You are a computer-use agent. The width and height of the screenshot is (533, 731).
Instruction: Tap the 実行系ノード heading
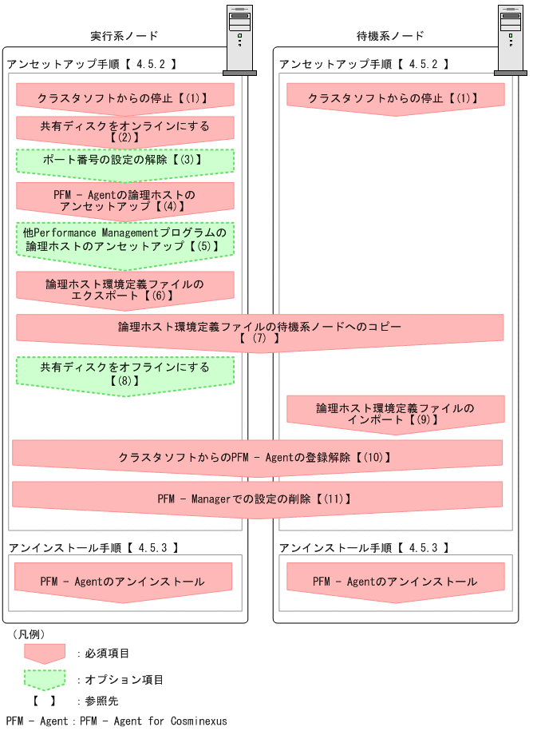click(124, 36)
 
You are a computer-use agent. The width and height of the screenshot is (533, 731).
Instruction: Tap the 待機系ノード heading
click(390, 36)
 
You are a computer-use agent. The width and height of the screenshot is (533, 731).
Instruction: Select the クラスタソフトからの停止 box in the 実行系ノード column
click(124, 98)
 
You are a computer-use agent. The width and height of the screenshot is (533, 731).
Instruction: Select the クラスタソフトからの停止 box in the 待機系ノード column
click(395, 98)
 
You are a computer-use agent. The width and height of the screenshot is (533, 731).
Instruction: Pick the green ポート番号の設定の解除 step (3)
click(124, 160)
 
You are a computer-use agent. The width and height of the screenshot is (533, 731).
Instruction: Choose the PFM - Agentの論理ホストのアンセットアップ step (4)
click(124, 200)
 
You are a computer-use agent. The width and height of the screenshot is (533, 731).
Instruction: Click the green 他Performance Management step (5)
click(124, 240)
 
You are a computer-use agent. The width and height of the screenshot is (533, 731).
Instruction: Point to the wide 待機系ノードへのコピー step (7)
click(259, 332)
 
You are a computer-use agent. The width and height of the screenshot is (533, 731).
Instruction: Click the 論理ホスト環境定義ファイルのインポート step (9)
click(395, 413)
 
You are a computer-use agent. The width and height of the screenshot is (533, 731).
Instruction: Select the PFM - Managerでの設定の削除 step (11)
click(256, 499)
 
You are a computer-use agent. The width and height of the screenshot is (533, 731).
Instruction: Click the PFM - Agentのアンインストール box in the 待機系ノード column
click(395, 582)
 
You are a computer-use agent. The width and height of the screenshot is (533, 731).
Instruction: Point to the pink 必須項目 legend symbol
click(45, 653)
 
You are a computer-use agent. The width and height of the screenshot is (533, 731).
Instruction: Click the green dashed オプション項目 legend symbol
click(45, 679)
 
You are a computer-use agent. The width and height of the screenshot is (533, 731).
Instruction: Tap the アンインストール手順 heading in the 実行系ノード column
click(93, 548)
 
